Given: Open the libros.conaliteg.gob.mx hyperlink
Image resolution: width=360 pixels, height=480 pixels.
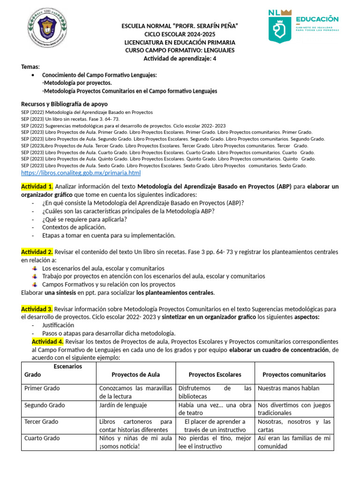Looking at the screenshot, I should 81,173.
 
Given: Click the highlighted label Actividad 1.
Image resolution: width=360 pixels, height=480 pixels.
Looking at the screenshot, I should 37,187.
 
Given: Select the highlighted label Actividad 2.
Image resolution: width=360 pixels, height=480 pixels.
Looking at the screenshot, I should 37,252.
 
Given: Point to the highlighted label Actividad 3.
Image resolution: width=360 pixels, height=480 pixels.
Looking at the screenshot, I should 37,309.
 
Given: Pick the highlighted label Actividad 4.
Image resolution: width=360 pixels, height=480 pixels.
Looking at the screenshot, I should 47,341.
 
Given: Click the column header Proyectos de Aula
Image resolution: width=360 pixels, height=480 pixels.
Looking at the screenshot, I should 135,375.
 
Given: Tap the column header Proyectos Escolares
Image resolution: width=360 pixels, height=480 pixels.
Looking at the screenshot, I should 215,375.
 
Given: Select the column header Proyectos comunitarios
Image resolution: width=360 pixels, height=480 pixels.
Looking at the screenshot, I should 294,375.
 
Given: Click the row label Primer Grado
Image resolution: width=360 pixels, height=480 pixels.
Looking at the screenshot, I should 42,388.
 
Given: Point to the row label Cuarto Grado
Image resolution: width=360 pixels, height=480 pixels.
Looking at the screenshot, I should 42,438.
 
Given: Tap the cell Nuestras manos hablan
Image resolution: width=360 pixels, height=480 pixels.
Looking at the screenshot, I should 288,388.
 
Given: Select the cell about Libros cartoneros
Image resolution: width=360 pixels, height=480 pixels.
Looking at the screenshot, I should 135,426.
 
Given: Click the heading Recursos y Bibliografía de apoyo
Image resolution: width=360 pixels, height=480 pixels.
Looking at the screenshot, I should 64,104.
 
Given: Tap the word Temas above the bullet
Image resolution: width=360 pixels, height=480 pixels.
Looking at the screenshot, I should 30,67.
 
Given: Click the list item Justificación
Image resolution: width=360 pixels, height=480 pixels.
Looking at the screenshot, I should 58,325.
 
